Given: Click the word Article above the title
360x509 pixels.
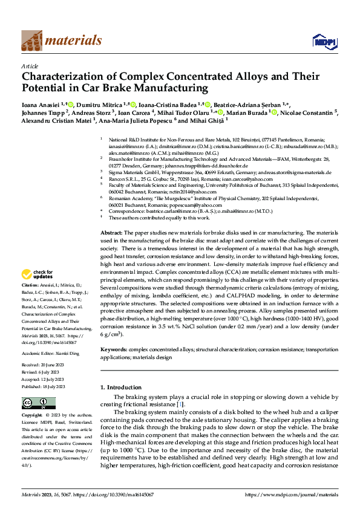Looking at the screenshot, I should (x=30, y=66).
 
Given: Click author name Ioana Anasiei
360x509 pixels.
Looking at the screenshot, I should (x=44, y=104).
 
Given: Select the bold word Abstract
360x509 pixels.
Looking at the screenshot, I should (x=112, y=233).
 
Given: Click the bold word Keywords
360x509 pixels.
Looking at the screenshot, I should (x=114, y=349).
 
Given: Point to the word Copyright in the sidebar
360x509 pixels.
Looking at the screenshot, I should (x=31, y=415).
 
